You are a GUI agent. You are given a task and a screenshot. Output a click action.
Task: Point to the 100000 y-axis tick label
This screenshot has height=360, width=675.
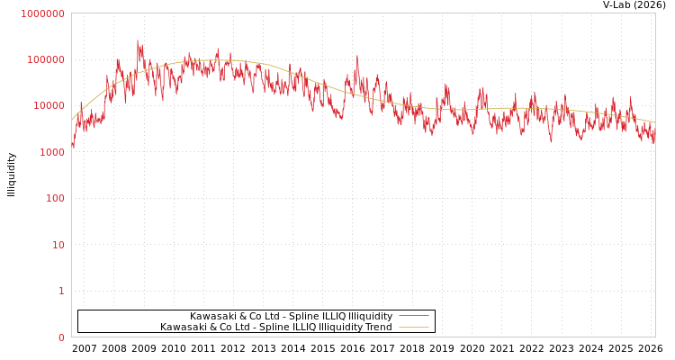pos(45,59)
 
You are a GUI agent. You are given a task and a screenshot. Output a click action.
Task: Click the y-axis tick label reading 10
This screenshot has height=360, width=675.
pos(58,245)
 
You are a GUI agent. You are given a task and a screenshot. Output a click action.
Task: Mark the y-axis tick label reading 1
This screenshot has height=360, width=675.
pos(61,291)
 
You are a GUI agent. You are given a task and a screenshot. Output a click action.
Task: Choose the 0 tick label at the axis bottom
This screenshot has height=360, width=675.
pos(61,337)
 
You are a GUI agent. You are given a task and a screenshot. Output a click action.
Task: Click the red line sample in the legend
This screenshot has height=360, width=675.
pos(413,316)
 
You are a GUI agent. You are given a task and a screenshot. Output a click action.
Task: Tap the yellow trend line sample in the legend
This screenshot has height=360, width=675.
pos(413,327)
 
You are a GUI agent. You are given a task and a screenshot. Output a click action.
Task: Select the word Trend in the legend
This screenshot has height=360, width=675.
pos(378,327)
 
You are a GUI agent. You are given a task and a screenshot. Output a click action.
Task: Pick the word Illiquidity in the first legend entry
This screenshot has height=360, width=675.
pos(370,316)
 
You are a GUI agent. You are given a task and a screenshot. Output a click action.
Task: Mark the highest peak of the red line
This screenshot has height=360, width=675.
pos(138,40)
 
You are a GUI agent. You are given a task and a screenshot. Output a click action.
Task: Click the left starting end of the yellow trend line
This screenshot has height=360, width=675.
pos(72,120)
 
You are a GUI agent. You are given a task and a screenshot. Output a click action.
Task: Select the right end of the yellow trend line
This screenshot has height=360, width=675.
pos(654,122)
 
